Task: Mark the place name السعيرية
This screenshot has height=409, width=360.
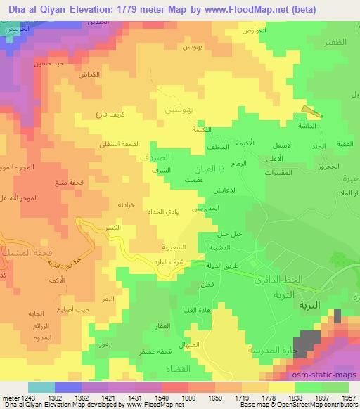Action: point(170,248)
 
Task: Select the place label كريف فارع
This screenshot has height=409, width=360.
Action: point(110,115)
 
